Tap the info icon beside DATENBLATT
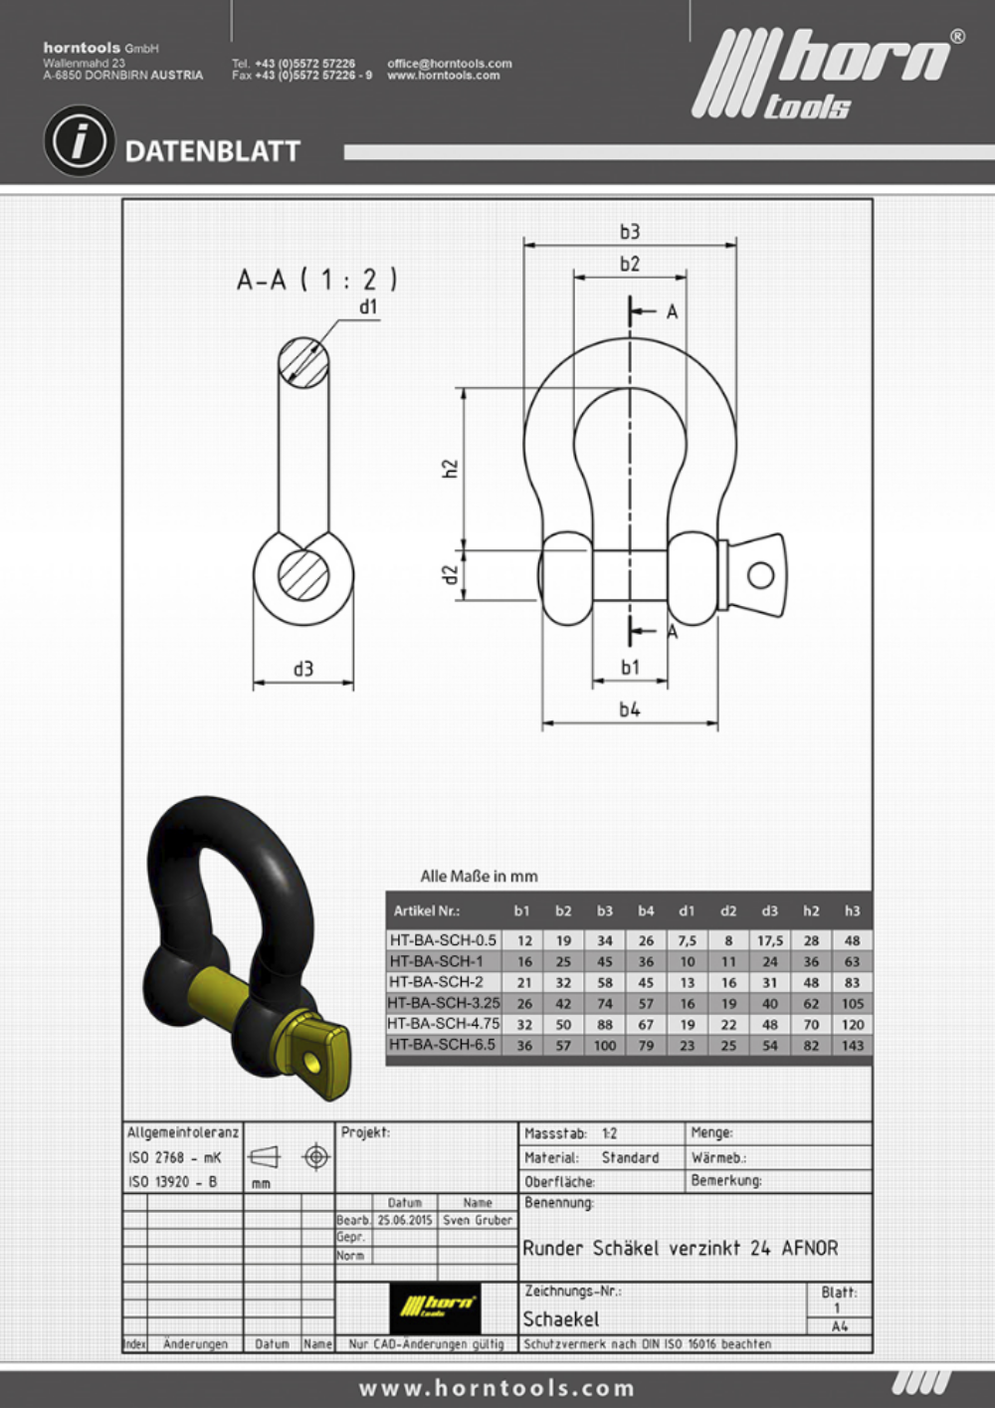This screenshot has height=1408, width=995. click(x=78, y=141)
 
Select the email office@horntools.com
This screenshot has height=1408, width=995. click(x=449, y=63)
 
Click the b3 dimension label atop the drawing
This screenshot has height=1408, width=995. click(x=630, y=232)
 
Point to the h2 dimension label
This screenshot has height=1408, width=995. click(x=450, y=468)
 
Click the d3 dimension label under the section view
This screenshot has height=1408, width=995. click(x=303, y=669)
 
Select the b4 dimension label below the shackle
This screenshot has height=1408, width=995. click(x=630, y=709)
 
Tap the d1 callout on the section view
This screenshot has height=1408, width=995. click(x=369, y=307)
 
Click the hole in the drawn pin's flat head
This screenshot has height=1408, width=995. click(x=761, y=574)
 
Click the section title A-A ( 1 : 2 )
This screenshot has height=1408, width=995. click(x=317, y=280)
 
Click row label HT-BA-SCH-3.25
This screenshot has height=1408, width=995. click(x=444, y=1003)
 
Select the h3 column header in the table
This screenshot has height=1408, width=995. click(x=852, y=910)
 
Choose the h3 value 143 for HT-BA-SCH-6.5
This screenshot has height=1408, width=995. click(x=852, y=1045)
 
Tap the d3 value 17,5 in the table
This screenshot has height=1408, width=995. click(x=769, y=940)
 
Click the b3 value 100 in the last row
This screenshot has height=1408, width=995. click(x=605, y=1045)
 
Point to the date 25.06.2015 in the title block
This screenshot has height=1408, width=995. click(x=404, y=1220)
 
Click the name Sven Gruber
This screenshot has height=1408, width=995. click(x=477, y=1220)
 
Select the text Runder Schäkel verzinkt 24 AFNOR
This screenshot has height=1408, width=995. click(x=681, y=1248)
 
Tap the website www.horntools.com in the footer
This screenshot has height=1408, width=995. click(x=497, y=1388)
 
